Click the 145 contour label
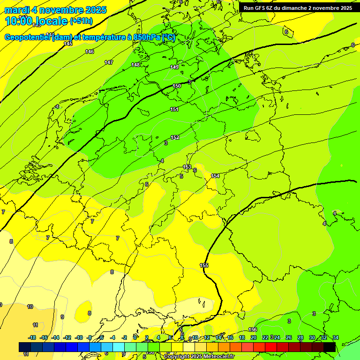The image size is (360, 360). pyautogui.click(x=68, y=44)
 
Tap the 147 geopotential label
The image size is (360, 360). pyautogui.click(x=109, y=62)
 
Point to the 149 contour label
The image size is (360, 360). pyautogui.click(x=174, y=67)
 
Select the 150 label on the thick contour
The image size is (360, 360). pyautogui.click(x=177, y=86)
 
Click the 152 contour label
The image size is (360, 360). pyautogui.click(x=174, y=137)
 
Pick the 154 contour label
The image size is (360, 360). pyautogui.click(x=215, y=176)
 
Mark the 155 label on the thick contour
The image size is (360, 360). pyautogui.click(x=204, y=265)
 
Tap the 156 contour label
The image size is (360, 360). pyautogui.click(x=253, y=330)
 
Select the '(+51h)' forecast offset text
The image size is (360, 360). pyautogui.click(x=81, y=21)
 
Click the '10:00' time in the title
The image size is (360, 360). pyautogui.click(x=19, y=21)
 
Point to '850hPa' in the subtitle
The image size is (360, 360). pyautogui.click(x=147, y=37)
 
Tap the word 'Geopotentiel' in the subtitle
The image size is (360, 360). pyautogui.click(x=28, y=37)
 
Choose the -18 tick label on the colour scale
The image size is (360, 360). pyautogui.click(x=32, y=337)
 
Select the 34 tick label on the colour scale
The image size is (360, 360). pyautogui.click(x=335, y=337)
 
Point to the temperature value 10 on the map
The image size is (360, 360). pyautogui.click(x=30, y=307)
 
